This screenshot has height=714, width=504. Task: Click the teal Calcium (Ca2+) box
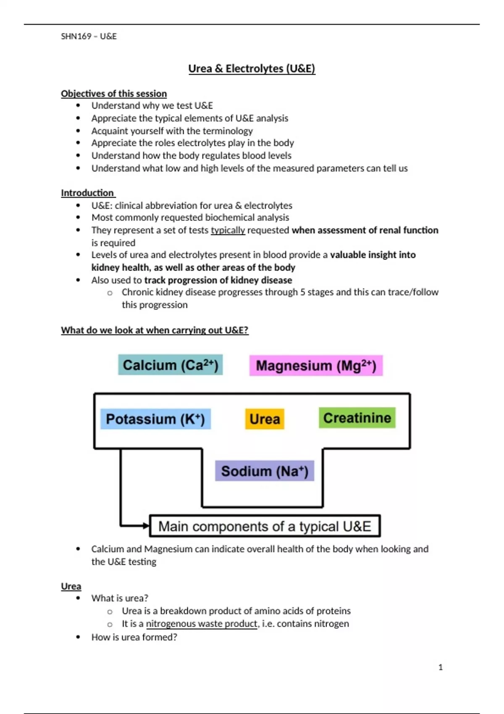[x=170, y=365]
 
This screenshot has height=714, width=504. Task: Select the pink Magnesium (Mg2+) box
[x=316, y=365]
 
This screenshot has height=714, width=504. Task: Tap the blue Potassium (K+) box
[x=155, y=419]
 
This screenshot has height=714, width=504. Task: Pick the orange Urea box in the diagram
[x=265, y=419]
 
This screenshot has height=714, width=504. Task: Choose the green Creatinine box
[x=357, y=418]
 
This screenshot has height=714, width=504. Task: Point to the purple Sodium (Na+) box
[x=265, y=471]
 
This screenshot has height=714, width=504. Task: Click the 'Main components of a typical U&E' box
[x=265, y=526]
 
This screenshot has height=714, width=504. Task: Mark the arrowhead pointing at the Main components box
[x=146, y=525]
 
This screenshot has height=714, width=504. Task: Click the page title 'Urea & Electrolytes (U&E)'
[x=252, y=68]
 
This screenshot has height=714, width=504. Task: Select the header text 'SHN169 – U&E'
[x=89, y=36]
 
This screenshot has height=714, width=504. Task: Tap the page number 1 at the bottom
[x=441, y=667]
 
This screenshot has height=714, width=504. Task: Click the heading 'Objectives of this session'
[x=114, y=93]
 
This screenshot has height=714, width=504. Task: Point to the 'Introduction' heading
[x=87, y=193]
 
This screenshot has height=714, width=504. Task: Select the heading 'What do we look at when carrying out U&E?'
[x=155, y=330]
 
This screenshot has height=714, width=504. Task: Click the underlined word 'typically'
[x=228, y=230]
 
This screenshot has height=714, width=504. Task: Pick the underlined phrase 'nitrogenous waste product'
[x=202, y=624]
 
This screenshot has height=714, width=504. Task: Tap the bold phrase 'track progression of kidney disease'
[x=218, y=280]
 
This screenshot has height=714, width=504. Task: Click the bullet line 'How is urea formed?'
[x=134, y=637]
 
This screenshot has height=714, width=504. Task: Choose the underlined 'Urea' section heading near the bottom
[x=71, y=586]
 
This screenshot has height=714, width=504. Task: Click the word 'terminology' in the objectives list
[x=228, y=131]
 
